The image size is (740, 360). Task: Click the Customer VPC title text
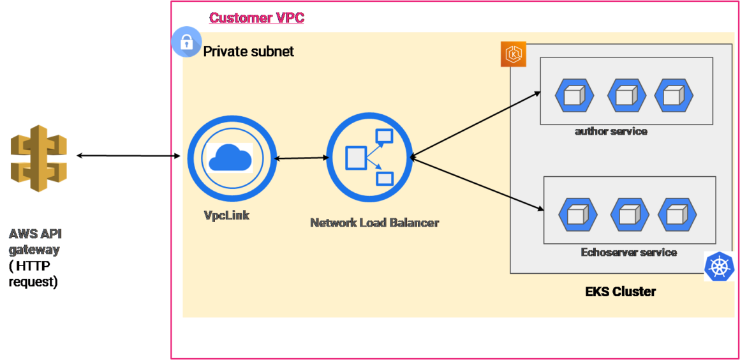coord(256,18)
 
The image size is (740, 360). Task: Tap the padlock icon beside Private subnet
coord(186,43)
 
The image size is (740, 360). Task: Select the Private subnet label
coord(248,52)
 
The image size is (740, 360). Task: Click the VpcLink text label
coord(226,216)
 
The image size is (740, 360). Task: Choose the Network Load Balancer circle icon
coord(368,157)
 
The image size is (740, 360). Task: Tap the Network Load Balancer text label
coord(374,223)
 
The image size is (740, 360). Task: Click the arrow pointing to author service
coord(476,124)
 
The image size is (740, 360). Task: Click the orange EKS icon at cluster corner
coord(513,54)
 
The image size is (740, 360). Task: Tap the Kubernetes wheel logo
coord(719,266)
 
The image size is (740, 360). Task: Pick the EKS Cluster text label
coord(620,292)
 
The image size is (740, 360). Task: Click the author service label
coord(610,131)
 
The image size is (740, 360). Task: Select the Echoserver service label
coord(628,252)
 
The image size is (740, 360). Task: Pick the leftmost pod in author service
coord(574,96)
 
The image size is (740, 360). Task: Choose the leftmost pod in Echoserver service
coord(578,215)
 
